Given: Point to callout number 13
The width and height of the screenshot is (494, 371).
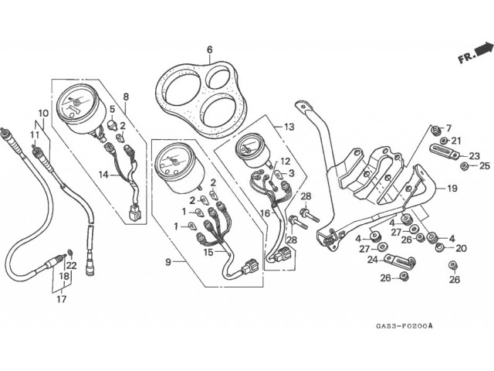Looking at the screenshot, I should pos(289,127).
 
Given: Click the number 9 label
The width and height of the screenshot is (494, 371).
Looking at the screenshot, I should pos(167,262).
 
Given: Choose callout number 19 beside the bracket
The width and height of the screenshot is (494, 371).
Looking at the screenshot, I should pos(452,188).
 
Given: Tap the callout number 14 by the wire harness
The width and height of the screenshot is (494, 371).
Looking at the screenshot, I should pos(103,175).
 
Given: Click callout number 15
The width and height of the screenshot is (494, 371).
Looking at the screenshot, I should pos(208,251).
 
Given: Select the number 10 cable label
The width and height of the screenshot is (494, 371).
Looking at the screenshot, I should pos(43,114).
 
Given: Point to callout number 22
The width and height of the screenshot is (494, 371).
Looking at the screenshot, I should pos(71,266).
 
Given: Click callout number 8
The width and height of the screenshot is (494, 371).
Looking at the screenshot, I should pos(126,97).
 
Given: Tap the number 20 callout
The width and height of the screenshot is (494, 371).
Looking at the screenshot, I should pos(461,248).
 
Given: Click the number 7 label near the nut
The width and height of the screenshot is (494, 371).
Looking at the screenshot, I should pos(448,128).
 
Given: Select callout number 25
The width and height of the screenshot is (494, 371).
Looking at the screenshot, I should pos(484,165).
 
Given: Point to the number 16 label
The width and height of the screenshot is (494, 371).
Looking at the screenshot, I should pos(265,213).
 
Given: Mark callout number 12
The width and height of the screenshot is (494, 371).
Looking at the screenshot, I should pos(286,162).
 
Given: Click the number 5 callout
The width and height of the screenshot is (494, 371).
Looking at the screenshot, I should pos(112,109).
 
